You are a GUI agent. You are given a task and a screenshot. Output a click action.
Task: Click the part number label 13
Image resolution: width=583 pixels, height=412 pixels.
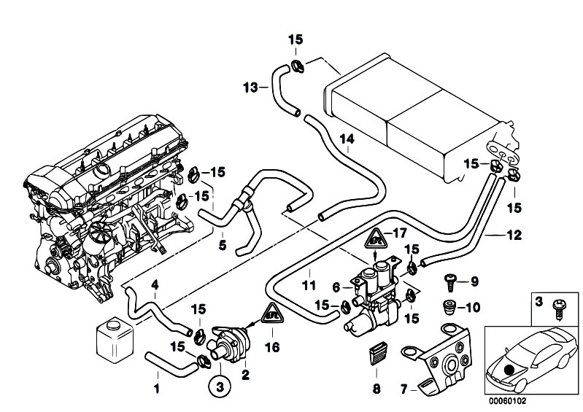click(x=250, y=88)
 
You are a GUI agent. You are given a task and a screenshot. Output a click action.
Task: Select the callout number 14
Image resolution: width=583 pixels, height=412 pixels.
click(x=347, y=138)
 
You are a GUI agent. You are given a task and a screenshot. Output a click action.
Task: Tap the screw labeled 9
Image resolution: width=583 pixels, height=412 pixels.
click(x=449, y=280)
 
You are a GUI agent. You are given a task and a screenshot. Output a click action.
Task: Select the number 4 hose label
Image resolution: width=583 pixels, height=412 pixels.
click(x=154, y=284)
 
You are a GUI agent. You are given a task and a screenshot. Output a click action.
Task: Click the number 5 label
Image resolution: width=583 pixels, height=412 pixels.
click(x=223, y=245)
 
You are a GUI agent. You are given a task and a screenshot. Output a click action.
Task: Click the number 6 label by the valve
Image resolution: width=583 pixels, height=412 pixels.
click(x=337, y=287)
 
